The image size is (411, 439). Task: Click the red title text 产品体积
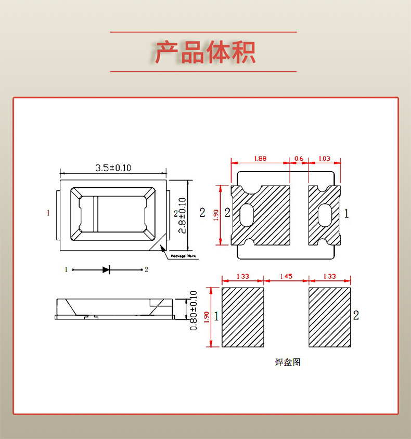(x=205, y=52)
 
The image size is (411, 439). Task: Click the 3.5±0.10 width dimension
(x=113, y=167)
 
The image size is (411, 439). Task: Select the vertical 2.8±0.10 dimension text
(x=182, y=215)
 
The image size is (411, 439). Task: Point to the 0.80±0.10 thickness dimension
(x=194, y=310)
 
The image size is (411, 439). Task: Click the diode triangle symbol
(x=106, y=269)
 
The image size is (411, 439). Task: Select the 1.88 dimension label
(x=260, y=158)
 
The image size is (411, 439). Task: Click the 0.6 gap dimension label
(x=299, y=158)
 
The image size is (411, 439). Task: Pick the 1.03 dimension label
(x=324, y=158)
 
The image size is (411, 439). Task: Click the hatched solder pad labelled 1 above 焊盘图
(x=243, y=317)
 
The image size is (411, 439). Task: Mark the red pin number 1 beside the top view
(x=48, y=213)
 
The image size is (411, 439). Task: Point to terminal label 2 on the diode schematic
(x=147, y=269)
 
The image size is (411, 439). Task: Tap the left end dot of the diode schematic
(x=73, y=269)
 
